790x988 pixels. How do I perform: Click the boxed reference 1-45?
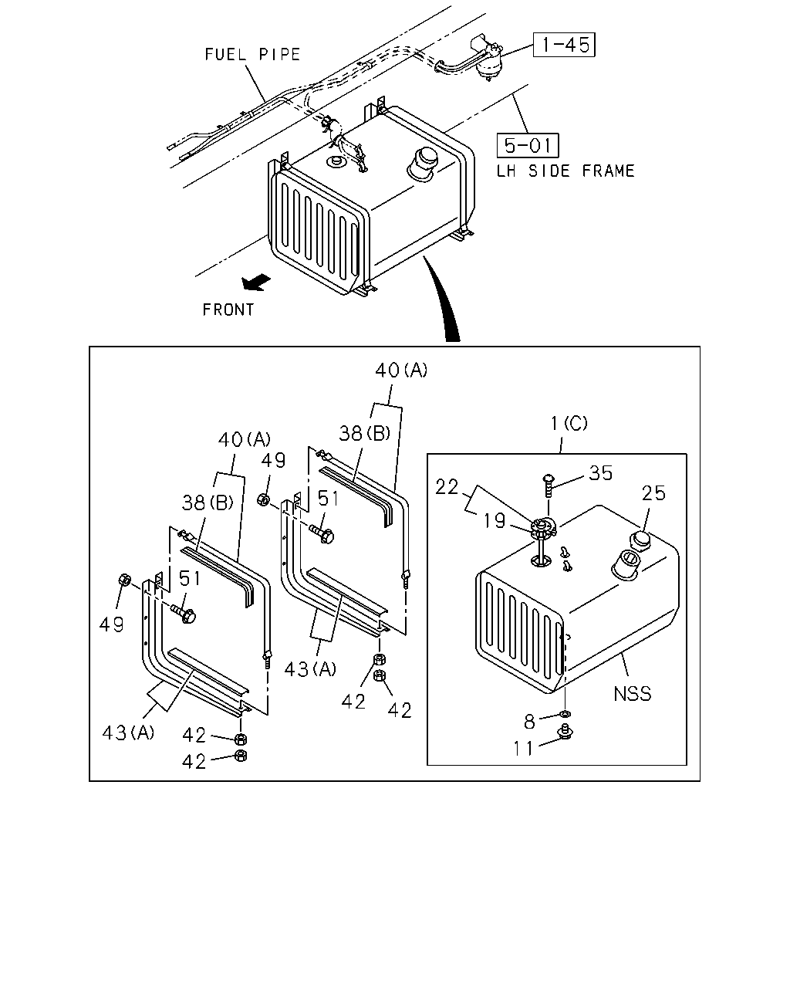tap(564, 45)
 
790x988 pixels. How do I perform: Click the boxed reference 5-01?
tap(528, 146)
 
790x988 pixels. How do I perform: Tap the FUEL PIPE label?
tap(252, 55)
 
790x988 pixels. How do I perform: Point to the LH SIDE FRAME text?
tap(565, 171)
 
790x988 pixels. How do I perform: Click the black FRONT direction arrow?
tap(256, 282)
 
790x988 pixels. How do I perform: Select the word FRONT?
tap(228, 310)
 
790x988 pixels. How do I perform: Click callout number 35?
tap(600, 473)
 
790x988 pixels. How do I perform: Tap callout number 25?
tap(653, 493)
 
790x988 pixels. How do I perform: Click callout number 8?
tap(530, 722)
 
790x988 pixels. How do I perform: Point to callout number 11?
tap(523, 749)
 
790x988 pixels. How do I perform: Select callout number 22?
tap(447, 487)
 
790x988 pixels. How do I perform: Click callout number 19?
tap(495, 521)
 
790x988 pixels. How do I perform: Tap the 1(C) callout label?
tap(569, 423)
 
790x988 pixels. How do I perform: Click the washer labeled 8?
tap(565, 714)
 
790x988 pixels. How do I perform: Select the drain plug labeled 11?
tap(565, 732)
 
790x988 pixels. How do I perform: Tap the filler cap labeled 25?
tap(640, 541)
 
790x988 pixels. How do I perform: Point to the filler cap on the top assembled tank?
tap(423, 163)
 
